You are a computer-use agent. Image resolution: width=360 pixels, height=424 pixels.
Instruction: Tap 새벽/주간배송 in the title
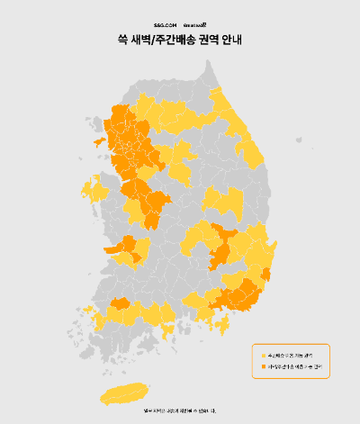pyautogui.click(x=167, y=41)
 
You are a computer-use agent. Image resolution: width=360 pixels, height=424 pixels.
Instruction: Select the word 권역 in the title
pyautogui.click(x=212, y=41)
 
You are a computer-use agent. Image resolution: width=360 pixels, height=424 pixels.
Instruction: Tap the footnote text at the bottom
pyautogui.click(x=180, y=411)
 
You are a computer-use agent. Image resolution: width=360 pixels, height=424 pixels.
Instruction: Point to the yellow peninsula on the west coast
pyautogui.click(x=93, y=190)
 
